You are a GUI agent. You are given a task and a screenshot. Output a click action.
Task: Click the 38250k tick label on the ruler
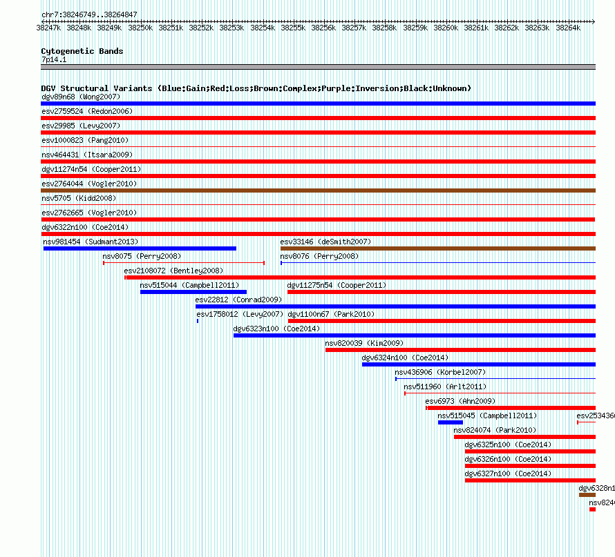(140, 28)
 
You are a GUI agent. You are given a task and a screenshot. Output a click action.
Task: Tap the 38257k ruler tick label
(354, 28)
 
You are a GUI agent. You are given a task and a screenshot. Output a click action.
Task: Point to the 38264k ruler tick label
(567, 28)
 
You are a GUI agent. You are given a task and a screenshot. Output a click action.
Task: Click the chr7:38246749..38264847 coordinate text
(89, 14)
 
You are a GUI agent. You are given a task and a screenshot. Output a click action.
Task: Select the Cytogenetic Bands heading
(82, 51)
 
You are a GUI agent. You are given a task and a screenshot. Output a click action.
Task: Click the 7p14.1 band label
(54, 60)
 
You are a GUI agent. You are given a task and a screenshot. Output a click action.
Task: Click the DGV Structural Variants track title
(256, 88)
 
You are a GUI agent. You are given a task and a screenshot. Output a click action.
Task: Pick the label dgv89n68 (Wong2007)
(80, 97)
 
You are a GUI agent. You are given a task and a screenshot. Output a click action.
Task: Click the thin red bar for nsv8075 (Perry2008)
(183, 263)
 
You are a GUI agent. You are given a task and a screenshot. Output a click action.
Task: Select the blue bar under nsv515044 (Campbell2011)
(193, 292)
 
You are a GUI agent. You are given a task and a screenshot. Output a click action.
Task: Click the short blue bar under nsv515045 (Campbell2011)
(450, 422)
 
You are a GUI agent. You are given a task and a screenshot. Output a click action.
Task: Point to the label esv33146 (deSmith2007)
(325, 242)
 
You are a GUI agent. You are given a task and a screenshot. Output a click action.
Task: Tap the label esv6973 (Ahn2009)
(460, 401)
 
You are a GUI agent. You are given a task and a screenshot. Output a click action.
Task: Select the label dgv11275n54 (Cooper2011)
(337, 285)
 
